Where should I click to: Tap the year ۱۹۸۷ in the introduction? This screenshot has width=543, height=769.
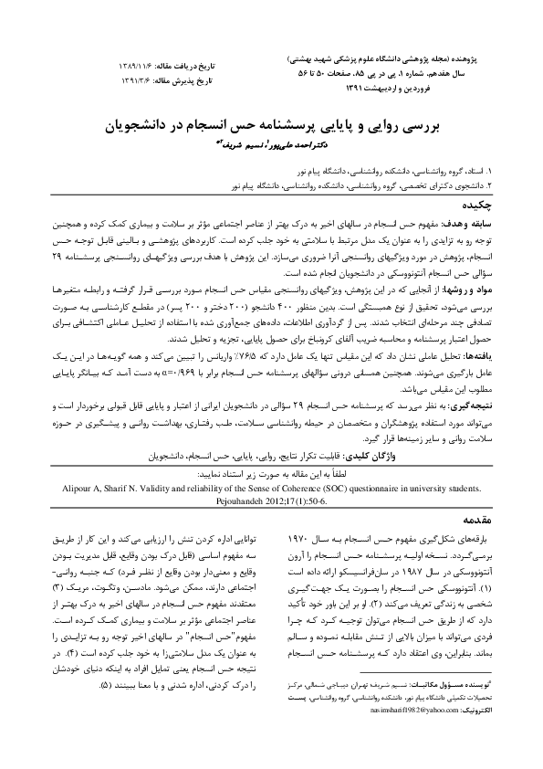click(x=386, y=566)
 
